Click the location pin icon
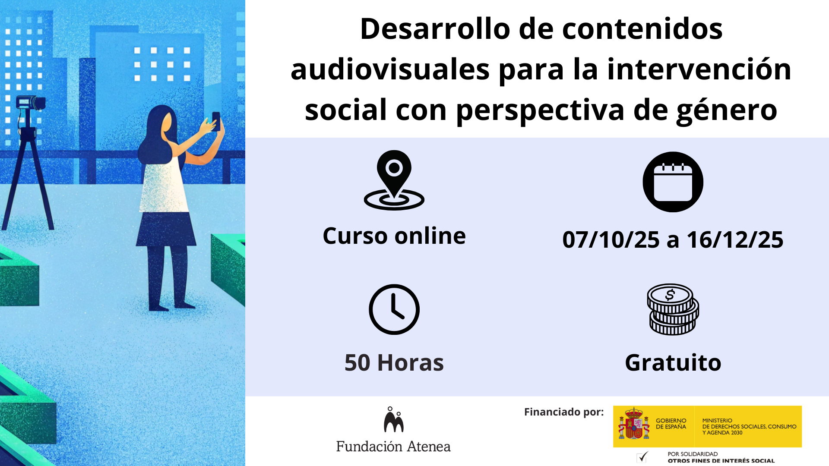[x=394, y=180]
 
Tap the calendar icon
[x=673, y=182]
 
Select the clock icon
[x=394, y=309]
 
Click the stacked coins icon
[x=673, y=309]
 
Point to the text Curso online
[x=394, y=236]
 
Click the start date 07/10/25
[x=611, y=240]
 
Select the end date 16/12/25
[x=735, y=240]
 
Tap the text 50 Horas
[x=394, y=362]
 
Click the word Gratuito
[x=673, y=362]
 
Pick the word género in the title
[x=726, y=110]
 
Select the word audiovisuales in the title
[x=390, y=69]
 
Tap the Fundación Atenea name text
[x=393, y=447]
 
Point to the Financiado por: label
[x=563, y=412]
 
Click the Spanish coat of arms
[x=634, y=424]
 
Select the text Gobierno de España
[x=671, y=424]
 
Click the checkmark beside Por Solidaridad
[x=642, y=457]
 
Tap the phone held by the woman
[x=216, y=120]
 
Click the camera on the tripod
[x=30, y=103]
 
